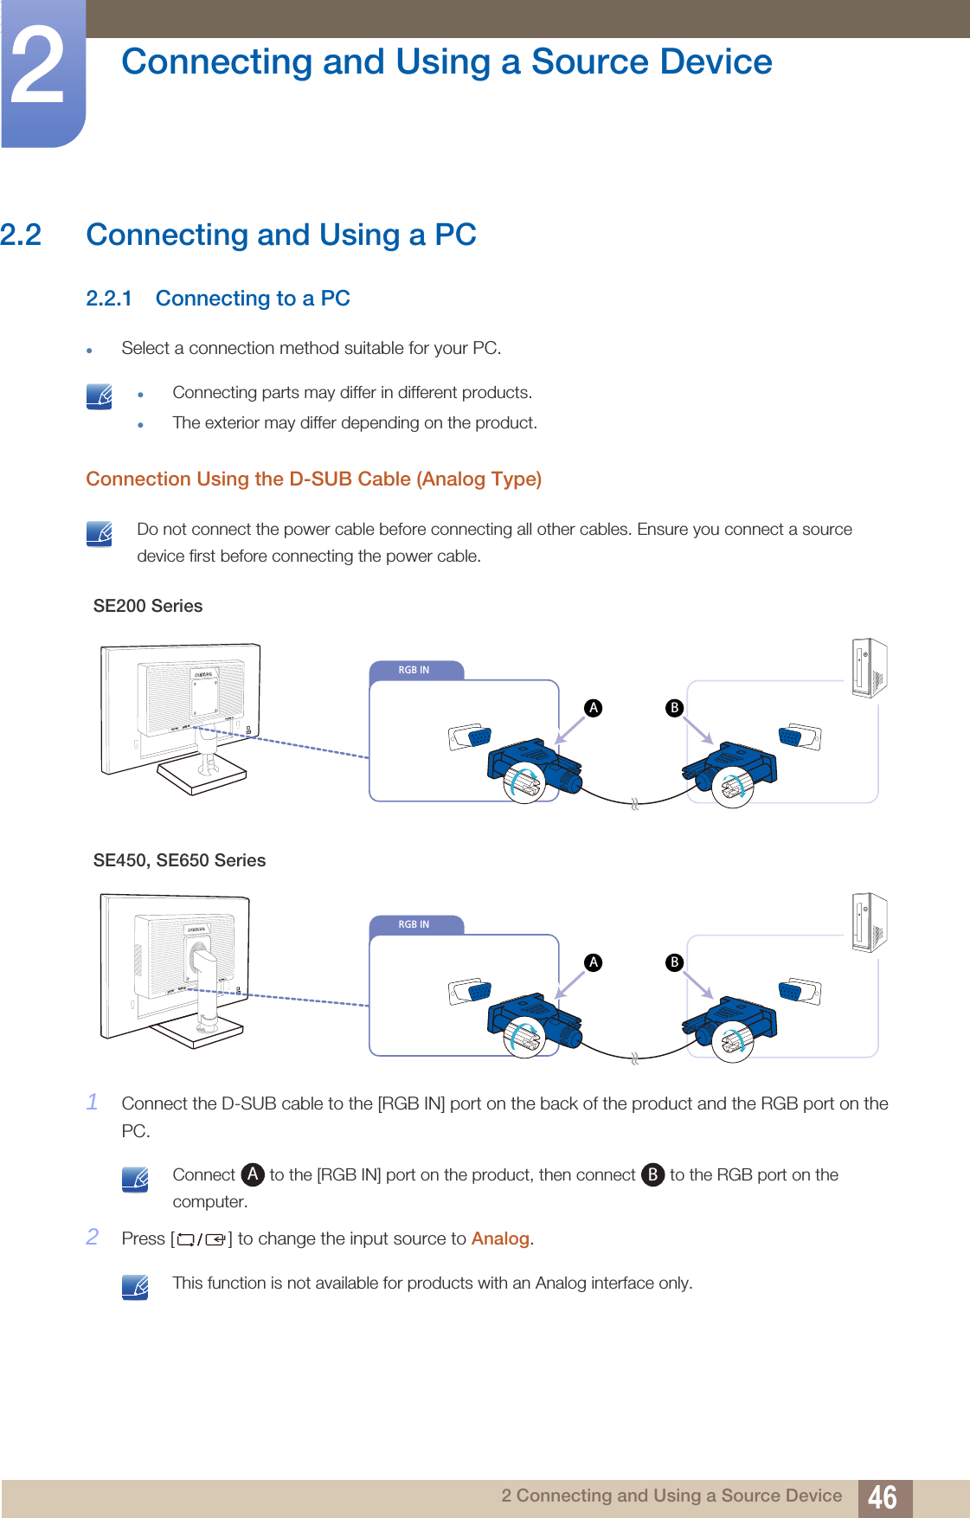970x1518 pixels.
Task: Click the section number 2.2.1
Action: coord(109,299)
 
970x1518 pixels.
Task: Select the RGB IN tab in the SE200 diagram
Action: coord(414,670)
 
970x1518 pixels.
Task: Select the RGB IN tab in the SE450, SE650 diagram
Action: coord(414,924)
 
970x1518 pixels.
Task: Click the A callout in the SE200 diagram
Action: coord(594,708)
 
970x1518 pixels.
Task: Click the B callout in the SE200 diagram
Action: coord(674,708)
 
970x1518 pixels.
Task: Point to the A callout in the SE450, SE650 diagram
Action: coord(594,962)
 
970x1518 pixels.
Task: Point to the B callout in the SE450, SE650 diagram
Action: coord(674,962)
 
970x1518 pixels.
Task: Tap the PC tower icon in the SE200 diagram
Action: coord(869,668)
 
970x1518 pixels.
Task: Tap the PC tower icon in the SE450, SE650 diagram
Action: coord(869,923)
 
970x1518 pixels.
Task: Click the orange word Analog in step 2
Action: coord(500,1238)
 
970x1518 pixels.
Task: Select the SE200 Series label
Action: coord(148,606)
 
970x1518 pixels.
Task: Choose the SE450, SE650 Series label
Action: coord(179,860)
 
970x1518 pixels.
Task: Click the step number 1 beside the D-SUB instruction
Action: coord(93,1102)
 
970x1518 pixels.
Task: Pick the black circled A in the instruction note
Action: coord(252,1174)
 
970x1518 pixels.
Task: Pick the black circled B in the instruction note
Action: coord(652,1174)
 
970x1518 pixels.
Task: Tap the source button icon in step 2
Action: coord(202,1239)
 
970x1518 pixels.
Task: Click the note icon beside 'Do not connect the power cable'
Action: coord(100,533)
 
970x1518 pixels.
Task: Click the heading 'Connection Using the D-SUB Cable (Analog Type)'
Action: coord(313,479)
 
